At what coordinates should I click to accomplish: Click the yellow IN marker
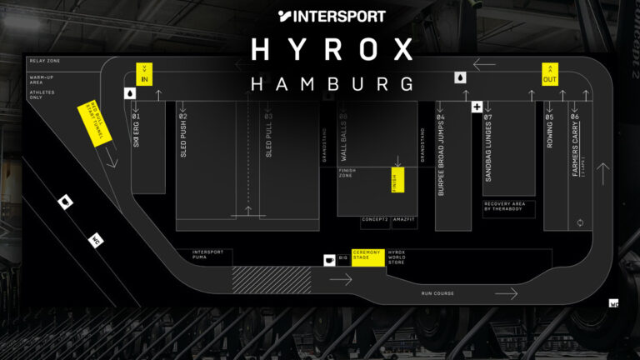point(144,73)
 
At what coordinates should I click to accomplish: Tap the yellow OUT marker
point(550,73)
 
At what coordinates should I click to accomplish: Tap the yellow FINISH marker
point(397,180)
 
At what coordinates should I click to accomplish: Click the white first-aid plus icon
point(477,107)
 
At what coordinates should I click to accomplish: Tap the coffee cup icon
point(329,260)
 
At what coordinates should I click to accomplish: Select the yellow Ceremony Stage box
point(367,257)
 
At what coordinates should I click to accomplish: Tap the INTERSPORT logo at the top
point(332,15)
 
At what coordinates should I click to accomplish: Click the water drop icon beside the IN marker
point(130,93)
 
